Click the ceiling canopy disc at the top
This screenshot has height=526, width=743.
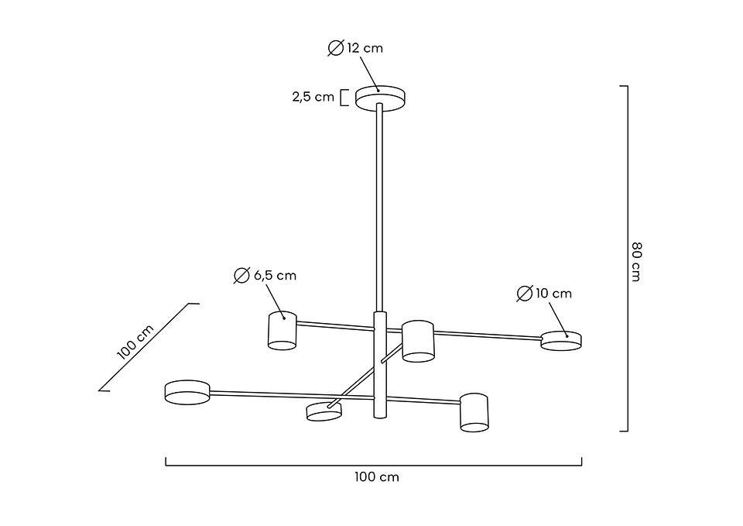point(381,98)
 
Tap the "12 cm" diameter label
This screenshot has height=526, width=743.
point(364,48)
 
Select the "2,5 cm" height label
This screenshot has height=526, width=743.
point(313,97)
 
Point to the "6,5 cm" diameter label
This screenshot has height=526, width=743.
point(275,275)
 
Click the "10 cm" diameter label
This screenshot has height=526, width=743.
point(553,293)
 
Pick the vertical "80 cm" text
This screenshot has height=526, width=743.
point(636,262)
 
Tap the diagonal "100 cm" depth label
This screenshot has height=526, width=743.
point(136,342)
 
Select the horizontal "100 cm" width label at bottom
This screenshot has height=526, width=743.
point(377,476)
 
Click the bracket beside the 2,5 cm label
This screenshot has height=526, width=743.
point(344,98)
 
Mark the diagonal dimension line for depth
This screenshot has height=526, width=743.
point(147,347)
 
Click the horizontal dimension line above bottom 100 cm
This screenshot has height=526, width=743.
point(374,465)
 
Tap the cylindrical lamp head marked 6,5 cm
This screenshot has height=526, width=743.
point(282,331)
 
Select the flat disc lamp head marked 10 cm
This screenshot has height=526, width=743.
point(561,340)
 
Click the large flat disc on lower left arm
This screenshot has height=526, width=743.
point(187,391)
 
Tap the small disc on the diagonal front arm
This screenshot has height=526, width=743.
point(324,411)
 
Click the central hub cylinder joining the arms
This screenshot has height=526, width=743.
point(379,364)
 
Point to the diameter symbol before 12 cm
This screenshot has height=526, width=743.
point(335,48)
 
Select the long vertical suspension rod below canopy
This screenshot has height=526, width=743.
point(379,209)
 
